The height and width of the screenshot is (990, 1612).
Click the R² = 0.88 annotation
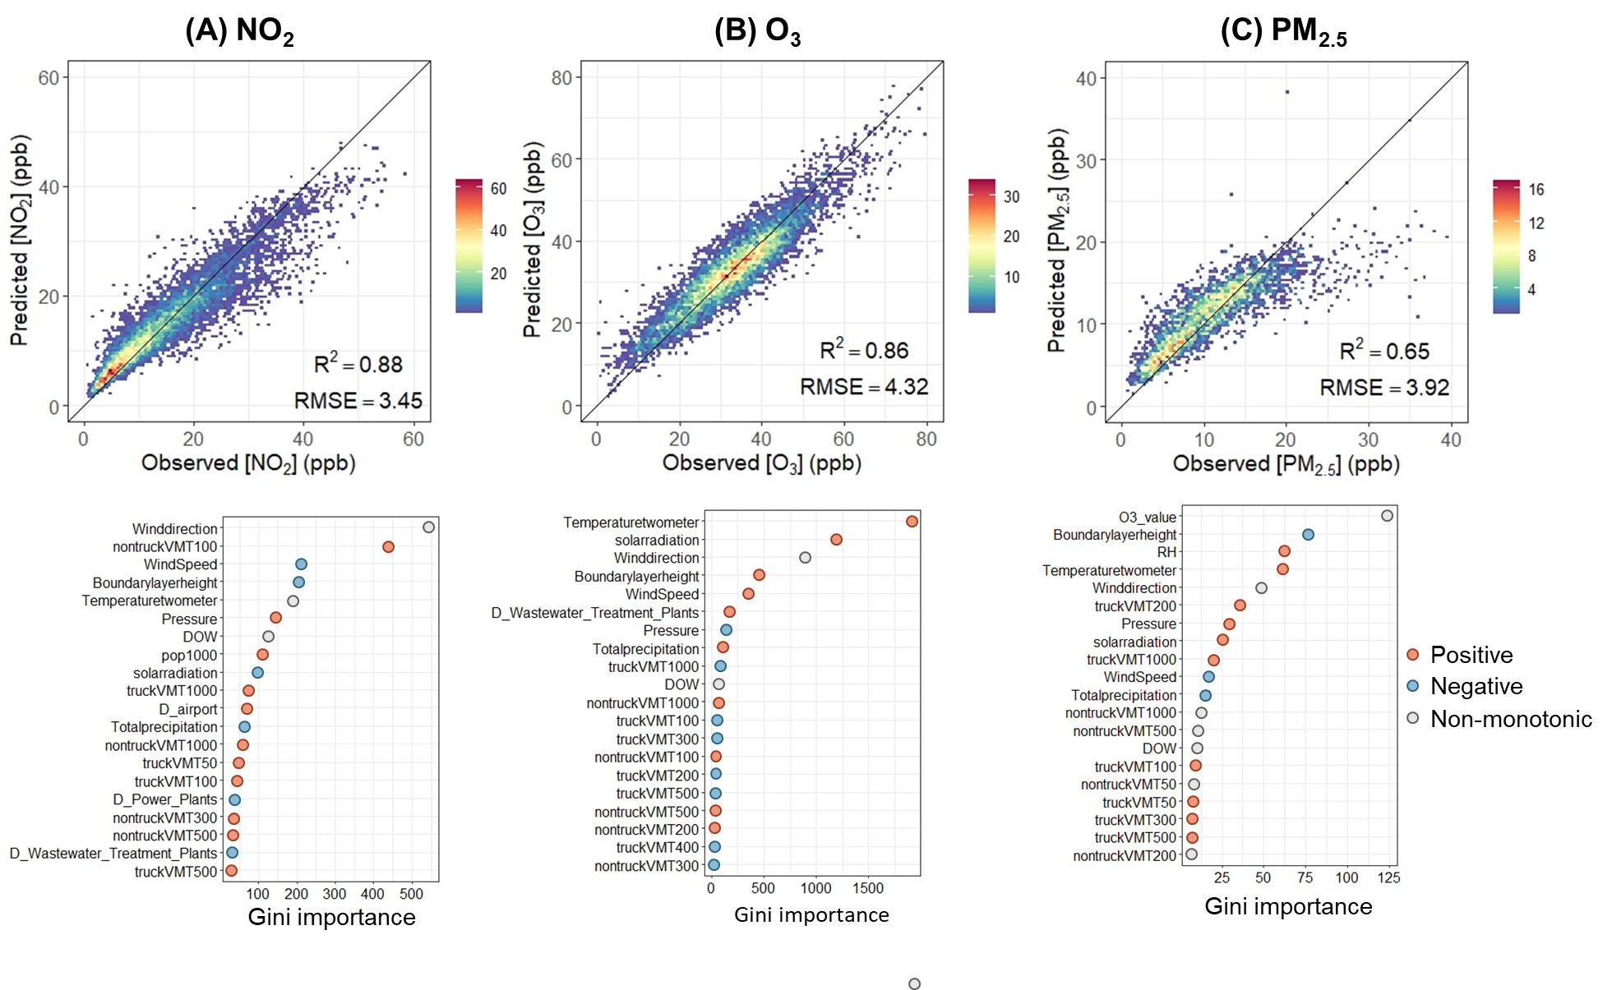358,364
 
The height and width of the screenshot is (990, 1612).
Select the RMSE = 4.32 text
864,387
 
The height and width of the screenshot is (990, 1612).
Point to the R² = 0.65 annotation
1384,351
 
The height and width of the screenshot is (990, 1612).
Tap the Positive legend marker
1413,655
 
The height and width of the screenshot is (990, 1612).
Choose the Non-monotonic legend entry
1511,719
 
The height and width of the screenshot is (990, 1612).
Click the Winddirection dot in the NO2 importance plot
428,527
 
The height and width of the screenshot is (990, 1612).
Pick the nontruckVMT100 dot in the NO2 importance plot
388,546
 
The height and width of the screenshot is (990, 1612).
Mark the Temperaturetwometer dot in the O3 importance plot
912,522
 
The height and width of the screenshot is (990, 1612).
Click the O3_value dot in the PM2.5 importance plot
1387,516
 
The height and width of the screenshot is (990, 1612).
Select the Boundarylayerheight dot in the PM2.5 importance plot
1308,535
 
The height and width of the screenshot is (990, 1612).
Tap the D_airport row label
188,709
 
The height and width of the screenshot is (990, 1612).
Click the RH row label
1166,552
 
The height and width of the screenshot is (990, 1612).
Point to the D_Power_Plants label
165,799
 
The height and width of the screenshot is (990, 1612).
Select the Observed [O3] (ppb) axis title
762,463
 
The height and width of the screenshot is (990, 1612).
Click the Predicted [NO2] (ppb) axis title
20,240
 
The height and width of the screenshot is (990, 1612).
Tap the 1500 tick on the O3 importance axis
868,888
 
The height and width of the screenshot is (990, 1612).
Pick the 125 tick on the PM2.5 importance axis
1388,877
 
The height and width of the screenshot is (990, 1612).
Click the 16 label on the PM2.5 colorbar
1536,189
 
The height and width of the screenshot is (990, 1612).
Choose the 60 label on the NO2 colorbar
499,188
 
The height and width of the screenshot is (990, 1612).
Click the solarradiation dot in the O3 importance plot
836,540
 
